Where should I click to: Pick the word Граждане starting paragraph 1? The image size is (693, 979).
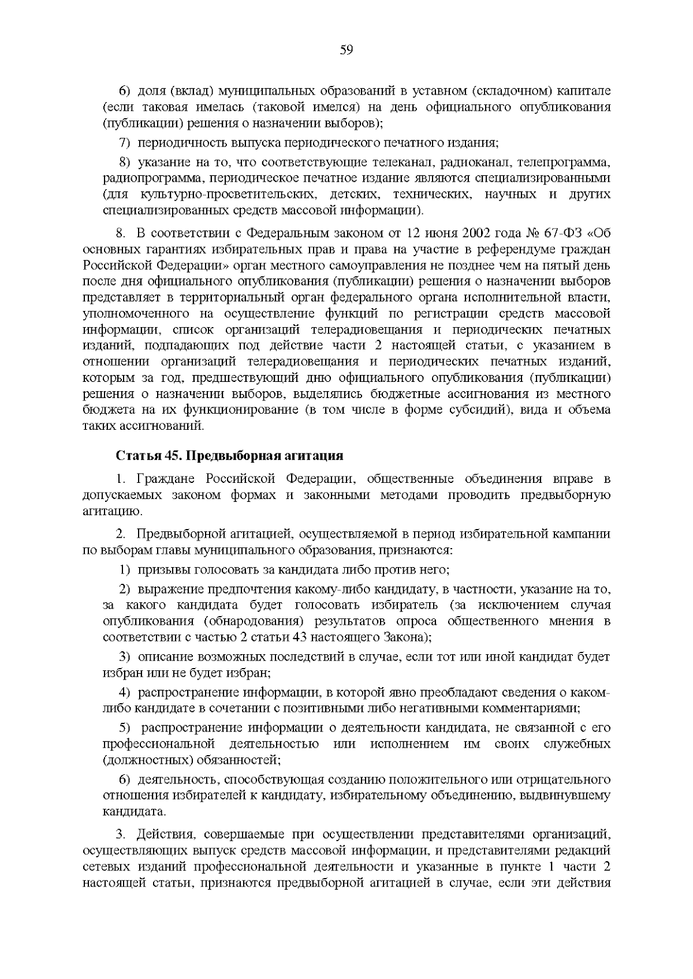(162, 479)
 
